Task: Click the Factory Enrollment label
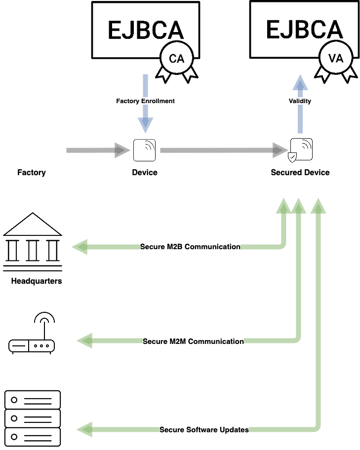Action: click(145, 101)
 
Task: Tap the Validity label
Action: click(300, 101)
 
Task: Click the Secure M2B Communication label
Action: click(190, 247)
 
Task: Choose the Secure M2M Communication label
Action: click(193, 341)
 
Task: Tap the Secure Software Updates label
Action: click(204, 430)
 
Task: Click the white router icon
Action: click(32, 333)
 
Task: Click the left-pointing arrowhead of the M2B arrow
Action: click(80, 247)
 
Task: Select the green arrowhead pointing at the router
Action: click(84, 340)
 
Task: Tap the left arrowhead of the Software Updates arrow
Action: click(84, 429)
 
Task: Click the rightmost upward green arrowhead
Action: click(318, 206)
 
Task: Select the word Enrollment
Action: click(158, 101)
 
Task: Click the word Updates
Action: click(235, 430)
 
